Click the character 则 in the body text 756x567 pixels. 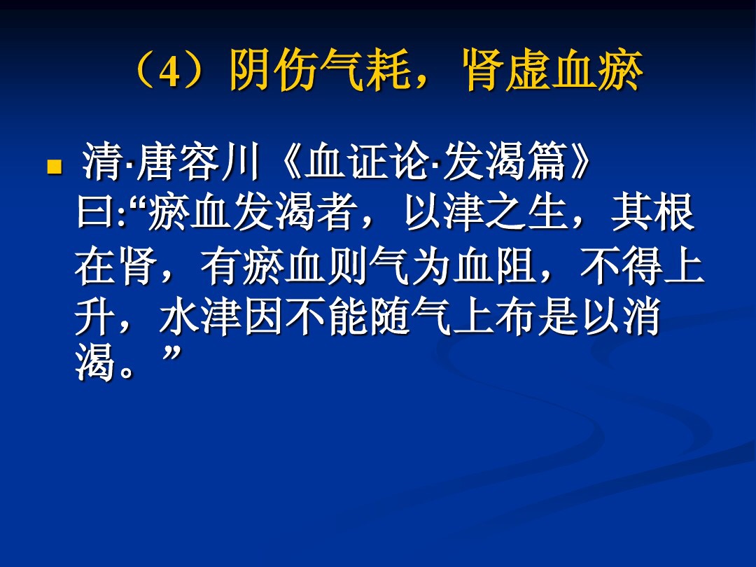tap(345, 268)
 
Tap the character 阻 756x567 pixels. tap(514, 268)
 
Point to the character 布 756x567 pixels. tap(513, 319)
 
